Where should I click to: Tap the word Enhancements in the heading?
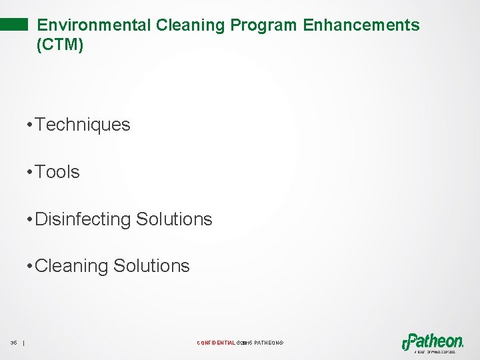[x=361, y=25]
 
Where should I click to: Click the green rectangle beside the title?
[x=14, y=25]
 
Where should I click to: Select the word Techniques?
[x=83, y=125]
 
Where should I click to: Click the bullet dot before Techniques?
[x=29, y=125]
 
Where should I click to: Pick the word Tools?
[x=57, y=172]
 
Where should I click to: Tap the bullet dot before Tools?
[x=29, y=173]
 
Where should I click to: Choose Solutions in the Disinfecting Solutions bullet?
[x=174, y=219]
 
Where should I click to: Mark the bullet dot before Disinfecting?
[x=29, y=220]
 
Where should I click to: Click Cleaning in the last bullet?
[x=71, y=266]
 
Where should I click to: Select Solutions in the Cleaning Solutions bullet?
[x=151, y=266]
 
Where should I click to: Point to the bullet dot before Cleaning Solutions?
[x=29, y=267]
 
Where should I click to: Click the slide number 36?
[x=13, y=343]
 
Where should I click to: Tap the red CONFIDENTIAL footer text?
[x=216, y=343]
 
